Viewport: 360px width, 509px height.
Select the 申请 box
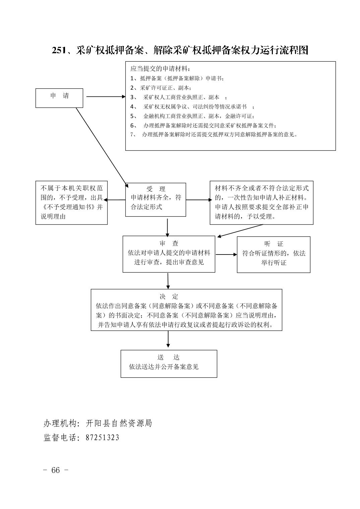59,98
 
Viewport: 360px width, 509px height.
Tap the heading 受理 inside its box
156,189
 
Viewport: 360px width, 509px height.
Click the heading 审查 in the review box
169,243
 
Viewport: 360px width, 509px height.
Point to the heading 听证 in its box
274,244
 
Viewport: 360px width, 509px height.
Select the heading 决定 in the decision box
169,296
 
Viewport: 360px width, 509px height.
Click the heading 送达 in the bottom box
169,357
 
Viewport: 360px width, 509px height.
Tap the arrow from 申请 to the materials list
106,96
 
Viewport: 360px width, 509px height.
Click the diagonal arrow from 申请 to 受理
102,148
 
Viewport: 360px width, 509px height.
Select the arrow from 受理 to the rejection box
115,200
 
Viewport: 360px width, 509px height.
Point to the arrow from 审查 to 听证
226,254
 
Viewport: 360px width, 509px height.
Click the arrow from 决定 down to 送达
168,339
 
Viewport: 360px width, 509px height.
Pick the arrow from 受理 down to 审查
167,228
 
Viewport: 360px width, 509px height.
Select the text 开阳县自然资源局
119,423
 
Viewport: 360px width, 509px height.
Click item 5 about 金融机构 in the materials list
192,116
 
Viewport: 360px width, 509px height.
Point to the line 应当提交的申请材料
160,69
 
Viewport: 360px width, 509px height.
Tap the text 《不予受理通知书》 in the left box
68,207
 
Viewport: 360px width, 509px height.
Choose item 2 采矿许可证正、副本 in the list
161,88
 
